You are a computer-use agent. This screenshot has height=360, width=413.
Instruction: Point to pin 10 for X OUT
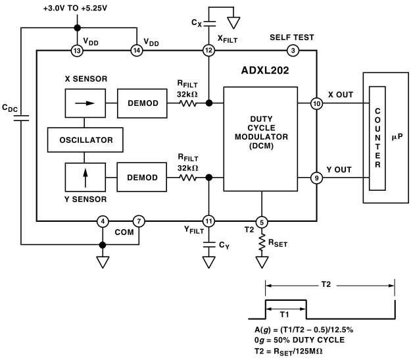click(x=317, y=103)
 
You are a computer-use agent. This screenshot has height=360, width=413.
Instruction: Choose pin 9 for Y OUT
click(x=317, y=177)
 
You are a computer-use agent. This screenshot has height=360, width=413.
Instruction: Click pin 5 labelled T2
click(x=262, y=222)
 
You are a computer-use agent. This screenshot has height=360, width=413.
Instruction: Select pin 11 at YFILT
click(x=208, y=222)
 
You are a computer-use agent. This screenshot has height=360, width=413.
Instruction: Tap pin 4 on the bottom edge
click(x=103, y=222)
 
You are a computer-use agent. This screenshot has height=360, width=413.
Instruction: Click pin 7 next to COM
click(x=139, y=222)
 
